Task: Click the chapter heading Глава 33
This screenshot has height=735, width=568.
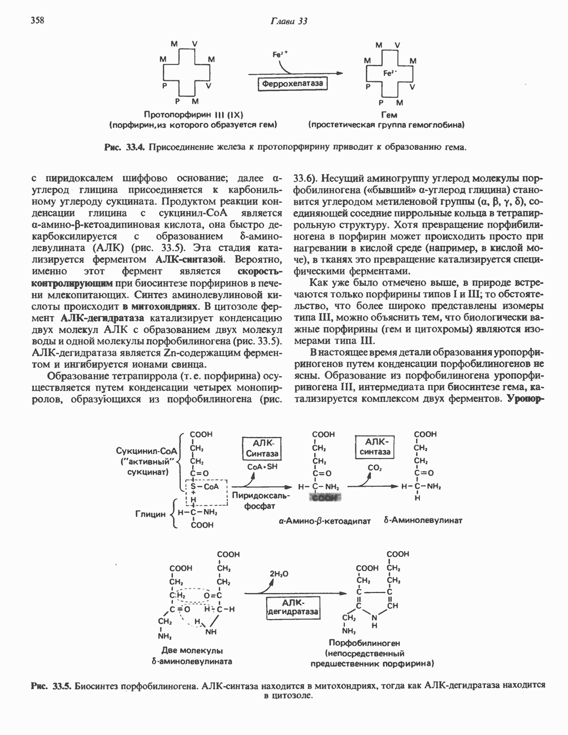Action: click(x=288, y=21)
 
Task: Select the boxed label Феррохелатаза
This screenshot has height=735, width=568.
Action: click(x=292, y=84)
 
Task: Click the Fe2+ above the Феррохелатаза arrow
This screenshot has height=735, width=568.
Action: click(x=280, y=55)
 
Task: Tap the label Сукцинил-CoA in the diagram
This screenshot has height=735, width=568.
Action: click(x=146, y=451)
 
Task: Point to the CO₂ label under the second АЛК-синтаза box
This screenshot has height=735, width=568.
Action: click(x=374, y=468)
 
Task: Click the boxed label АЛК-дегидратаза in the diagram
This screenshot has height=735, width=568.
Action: click(x=293, y=607)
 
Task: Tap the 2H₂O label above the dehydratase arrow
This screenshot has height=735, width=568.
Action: click(x=279, y=574)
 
